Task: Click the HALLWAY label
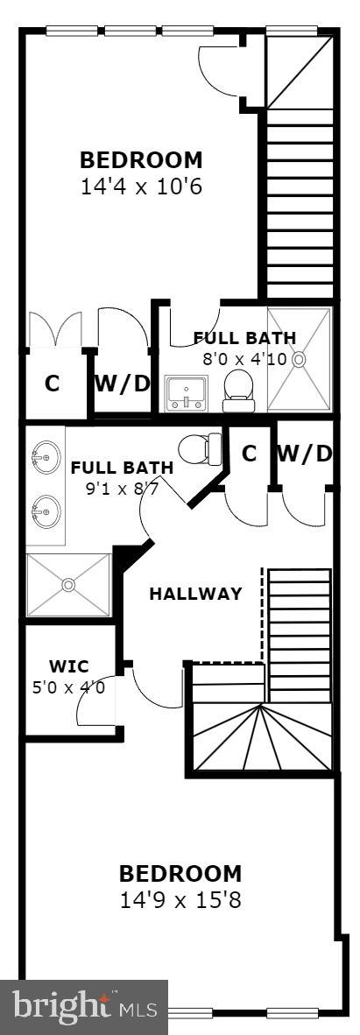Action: tap(195, 594)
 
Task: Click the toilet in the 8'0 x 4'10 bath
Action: tap(236, 389)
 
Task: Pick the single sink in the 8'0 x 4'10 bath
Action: tap(186, 392)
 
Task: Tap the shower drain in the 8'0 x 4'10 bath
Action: tap(300, 358)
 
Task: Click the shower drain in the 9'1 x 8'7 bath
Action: tap(68, 582)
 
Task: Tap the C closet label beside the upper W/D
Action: tap(53, 384)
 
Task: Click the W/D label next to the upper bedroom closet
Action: tap(122, 384)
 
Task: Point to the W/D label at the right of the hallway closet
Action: tap(305, 454)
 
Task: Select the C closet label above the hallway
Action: tap(249, 454)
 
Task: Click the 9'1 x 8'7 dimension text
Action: tap(122, 489)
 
